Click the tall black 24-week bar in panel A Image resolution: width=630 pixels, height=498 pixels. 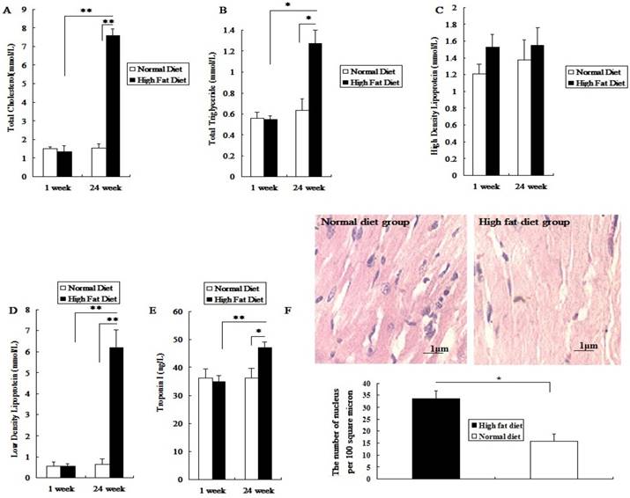(113, 103)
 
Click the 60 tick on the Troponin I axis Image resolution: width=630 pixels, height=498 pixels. (185, 312)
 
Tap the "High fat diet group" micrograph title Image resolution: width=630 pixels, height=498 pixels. (523, 223)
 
